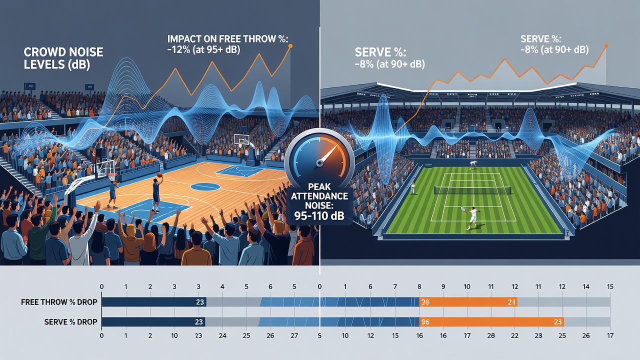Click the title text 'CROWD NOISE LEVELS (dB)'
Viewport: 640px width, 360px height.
pyautogui.click(x=63, y=58)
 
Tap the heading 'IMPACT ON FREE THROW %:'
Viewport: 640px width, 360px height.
pyautogui.click(x=227, y=39)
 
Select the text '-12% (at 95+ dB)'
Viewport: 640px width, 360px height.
pyautogui.click(x=203, y=49)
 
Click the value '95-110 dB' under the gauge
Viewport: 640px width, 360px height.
pyautogui.click(x=319, y=216)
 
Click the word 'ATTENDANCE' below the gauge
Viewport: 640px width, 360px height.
pyautogui.click(x=319, y=196)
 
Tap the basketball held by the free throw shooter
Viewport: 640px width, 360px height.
pyautogui.click(x=159, y=175)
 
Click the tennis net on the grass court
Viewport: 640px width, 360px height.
pyautogui.click(x=472, y=190)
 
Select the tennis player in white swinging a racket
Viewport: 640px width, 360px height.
pyautogui.click(x=472, y=217)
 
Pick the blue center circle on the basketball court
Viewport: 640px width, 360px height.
pyautogui.click(x=205, y=187)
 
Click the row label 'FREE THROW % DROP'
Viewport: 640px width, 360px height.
pyautogui.click(x=59, y=302)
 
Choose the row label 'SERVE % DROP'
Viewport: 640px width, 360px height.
pyautogui.click(x=70, y=322)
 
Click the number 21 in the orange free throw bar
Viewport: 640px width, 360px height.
pyautogui.click(x=511, y=302)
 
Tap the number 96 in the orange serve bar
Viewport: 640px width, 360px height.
pyautogui.click(x=425, y=322)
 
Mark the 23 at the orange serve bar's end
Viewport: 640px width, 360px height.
pyautogui.click(x=557, y=322)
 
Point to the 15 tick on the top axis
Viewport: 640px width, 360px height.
pyautogui.click(x=610, y=286)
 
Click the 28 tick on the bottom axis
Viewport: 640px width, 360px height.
pyautogui.click(x=491, y=335)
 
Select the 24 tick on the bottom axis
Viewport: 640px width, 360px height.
pyautogui.click(x=222, y=335)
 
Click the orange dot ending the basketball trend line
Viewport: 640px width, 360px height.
pyautogui.click(x=290, y=46)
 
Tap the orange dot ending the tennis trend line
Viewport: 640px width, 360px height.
pyautogui.click(x=606, y=46)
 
